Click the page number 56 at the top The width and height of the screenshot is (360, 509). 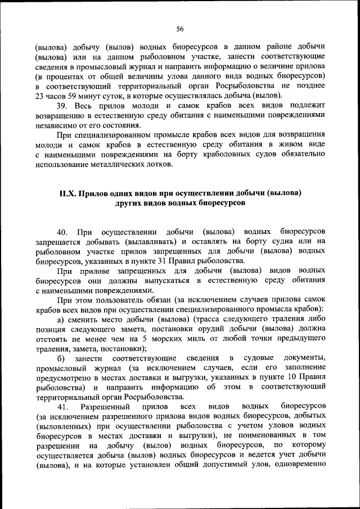point(180,29)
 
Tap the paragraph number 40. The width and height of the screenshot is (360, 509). point(63,232)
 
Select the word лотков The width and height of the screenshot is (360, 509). point(161,164)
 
